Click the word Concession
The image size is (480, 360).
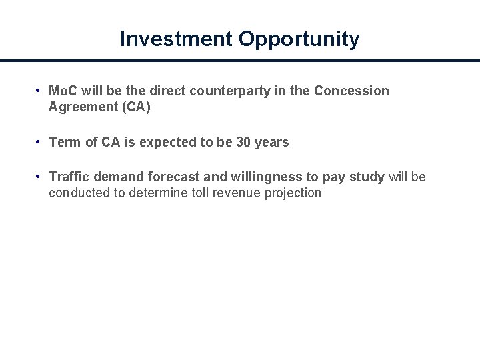[351, 91]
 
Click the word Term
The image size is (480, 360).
[65, 142]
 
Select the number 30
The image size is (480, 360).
[243, 142]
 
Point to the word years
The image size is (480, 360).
[272, 143]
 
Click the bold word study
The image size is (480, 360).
[367, 177]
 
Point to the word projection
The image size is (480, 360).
[296, 194]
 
